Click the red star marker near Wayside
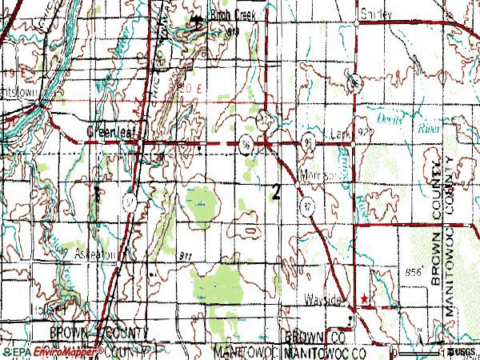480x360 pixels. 364,299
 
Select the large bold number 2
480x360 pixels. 276,192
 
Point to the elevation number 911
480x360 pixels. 186,254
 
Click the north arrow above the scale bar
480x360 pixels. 422,346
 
